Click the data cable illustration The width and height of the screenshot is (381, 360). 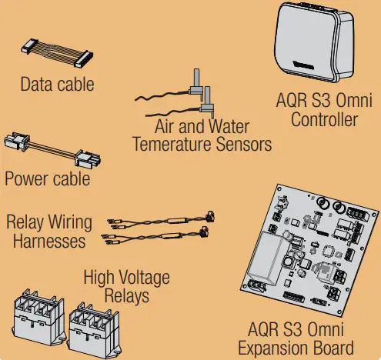pos(58,55)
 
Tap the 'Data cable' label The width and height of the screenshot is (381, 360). pos(58,83)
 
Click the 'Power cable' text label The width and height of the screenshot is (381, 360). pos(47,180)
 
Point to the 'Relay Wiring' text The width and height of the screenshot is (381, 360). pos(49,222)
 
